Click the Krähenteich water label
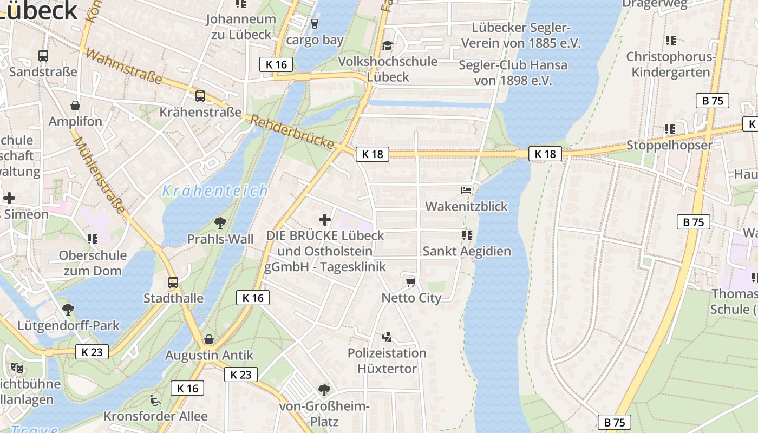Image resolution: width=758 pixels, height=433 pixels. coord(215,191)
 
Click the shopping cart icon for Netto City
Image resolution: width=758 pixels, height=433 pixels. coord(411,282)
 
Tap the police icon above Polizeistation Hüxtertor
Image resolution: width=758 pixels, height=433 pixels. coord(387,338)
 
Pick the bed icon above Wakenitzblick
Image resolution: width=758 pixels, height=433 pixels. coord(466,191)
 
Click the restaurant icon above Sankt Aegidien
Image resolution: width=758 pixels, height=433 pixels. coord(467,235)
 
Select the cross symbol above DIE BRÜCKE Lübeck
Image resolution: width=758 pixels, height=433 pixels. coord(325,220)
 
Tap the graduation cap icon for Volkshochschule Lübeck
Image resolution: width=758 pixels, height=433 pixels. coord(387,45)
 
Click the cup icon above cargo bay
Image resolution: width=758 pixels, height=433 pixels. coord(315,24)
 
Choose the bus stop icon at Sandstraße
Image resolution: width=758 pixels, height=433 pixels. coord(43,55)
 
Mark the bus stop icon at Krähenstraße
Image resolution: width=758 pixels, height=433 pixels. coord(200,96)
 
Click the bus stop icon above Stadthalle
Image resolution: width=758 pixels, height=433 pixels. coord(173,282)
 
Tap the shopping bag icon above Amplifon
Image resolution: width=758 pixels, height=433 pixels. coord(75,106)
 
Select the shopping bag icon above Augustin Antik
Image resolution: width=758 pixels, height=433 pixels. coord(209,339)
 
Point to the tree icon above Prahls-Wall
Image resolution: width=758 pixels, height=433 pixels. coord(220,222)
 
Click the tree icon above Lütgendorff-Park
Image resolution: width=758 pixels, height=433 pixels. coord(68,310)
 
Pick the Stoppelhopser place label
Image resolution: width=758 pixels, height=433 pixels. coord(669,145)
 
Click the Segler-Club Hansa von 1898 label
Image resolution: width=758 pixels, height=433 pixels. coord(513,73)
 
